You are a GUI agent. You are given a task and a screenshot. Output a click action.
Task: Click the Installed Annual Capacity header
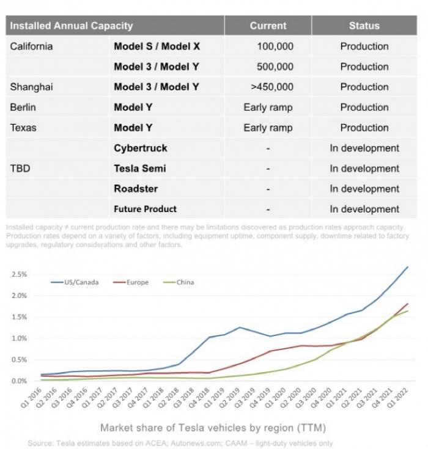pyautogui.click(x=72, y=26)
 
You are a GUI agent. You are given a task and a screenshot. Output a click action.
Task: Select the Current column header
pyautogui.click(x=268, y=26)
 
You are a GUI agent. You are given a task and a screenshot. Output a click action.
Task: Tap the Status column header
pyautogui.click(x=364, y=26)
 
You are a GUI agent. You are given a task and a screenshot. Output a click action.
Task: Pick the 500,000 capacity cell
pyautogui.click(x=272, y=67)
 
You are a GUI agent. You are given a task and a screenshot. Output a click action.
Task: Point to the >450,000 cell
pyautogui.click(x=271, y=87)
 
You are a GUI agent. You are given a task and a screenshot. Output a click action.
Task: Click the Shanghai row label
pyautogui.click(x=31, y=87)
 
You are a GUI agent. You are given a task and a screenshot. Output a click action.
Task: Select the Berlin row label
pyautogui.click(x=23, y=108)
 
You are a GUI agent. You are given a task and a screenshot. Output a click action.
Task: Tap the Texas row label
pyautogui.click(x=23, y=128)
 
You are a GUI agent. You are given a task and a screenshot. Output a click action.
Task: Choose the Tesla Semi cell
pyautogui.click(x=140, y=169)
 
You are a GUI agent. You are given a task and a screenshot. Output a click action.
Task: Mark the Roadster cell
pyautogui.click(x=136, y=189)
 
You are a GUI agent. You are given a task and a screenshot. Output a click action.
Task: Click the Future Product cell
pyautogui.click(x=145, y=209)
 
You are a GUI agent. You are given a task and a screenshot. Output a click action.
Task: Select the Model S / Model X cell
pyautogui.click(x=157, y=46)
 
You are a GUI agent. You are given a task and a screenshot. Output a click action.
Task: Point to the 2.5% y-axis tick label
pyautogui.click(x=19, y=274)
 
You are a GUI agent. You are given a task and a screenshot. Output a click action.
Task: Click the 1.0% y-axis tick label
pyautogui.click(x=19, y=338)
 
